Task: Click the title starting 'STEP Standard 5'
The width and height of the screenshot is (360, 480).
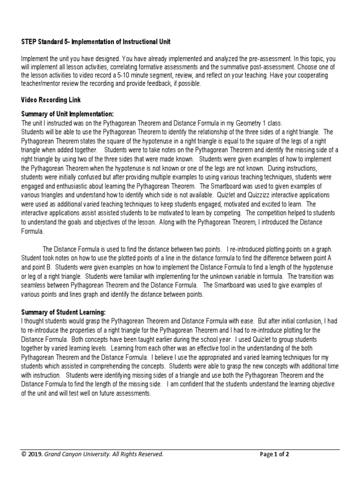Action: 96,42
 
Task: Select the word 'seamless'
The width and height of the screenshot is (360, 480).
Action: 36,285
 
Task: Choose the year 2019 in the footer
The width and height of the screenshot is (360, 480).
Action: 36,454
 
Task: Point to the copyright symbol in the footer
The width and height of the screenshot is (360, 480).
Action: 24,454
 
